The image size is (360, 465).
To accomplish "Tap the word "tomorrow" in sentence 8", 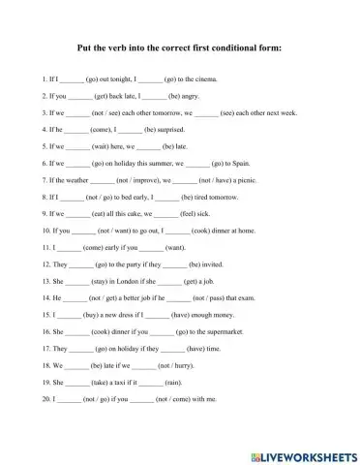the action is [x=225, y=197].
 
